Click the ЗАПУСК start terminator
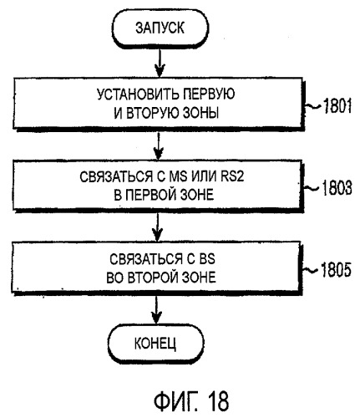pos(160,28)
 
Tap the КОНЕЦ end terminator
pos(155,343)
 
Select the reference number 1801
pos(337,106)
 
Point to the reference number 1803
pos(337,188)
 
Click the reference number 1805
pos(336,270)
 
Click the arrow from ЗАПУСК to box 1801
pos(160,64)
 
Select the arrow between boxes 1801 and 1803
pos(159,145)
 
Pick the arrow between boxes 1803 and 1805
pos(158,227)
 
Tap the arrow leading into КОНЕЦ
pos(156,309)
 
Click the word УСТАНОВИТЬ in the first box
pos(134,94)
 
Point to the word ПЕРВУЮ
pos(205,94)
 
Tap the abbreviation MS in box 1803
pos(178,176)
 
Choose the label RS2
pos(232,176)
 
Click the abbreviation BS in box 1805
pos(207,259)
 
